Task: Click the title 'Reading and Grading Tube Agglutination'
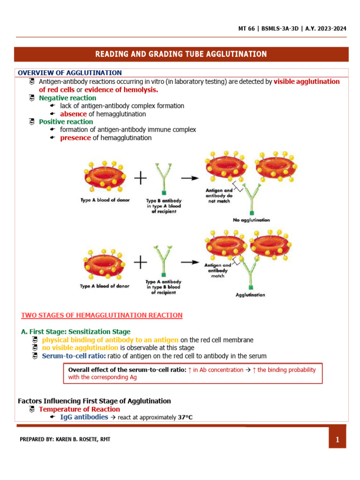click(181, 54)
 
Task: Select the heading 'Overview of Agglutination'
click(70, 73)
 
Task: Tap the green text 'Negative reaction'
click(67, 98)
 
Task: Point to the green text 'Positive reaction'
click(66, 122)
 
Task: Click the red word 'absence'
click(73, 114)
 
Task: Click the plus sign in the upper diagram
click(141, 178)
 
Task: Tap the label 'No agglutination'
click(251, 220)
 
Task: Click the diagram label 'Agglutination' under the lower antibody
click(250, 295)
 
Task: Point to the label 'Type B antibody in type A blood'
click(163, 206)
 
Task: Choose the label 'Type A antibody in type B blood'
click(164, 287)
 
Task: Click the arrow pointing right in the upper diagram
click(189, 178)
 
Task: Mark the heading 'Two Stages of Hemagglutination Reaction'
click(102, 315)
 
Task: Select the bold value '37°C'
click(185, 417)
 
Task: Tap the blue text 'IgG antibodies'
click(84, 417)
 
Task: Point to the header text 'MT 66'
click(247, 29)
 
